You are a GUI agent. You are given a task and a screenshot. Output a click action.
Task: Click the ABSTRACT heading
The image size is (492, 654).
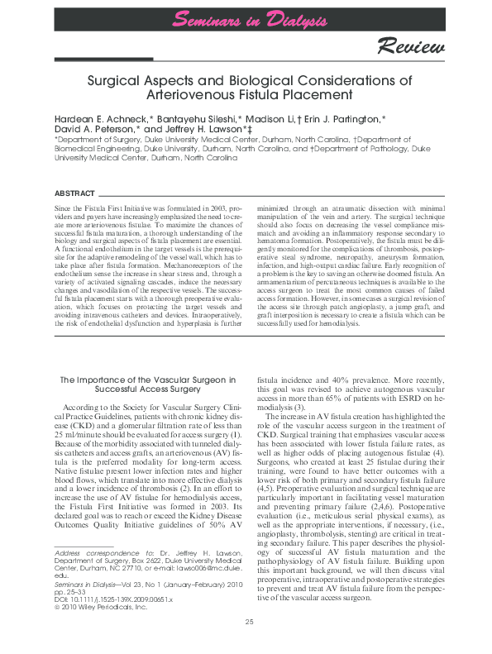pyautogui.click(x=74, y=192)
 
